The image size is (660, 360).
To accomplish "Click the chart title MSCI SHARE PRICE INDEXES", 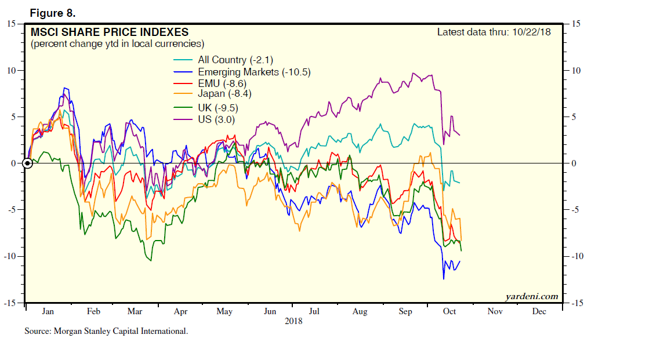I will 109,32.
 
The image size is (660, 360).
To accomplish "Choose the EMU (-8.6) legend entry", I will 222,83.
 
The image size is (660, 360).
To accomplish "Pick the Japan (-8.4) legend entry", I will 224,93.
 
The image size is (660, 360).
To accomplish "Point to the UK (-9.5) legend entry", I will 218,107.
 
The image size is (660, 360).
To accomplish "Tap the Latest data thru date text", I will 494,31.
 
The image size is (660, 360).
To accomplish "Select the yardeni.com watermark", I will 531,296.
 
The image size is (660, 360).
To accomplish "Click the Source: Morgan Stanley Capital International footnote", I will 106,332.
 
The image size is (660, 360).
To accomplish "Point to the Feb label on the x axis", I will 93,311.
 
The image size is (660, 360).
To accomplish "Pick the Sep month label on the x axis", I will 405,311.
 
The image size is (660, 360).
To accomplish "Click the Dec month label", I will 539,311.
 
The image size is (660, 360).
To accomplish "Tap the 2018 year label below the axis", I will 293,320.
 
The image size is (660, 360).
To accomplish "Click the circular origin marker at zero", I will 27,163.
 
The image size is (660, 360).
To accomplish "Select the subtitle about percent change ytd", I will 117,43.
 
